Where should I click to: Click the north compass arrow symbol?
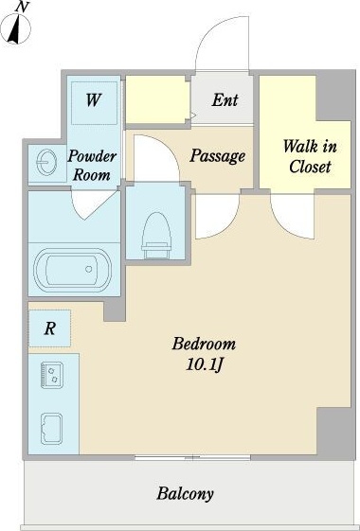tap(15, 28)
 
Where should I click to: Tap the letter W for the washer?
tap(93, 100)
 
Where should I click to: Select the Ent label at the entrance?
tap(225, 100)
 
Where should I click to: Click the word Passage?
tap(217, 156)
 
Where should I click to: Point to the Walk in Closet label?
tap(310, 156)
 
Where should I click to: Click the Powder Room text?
tap(92, 166)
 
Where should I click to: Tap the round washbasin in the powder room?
tap(45, 162)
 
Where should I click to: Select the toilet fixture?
tap(156, 236)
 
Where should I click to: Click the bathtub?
tap(72, 269)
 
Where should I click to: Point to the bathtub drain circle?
tap(88, 269)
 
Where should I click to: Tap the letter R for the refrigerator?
tap(50, 328)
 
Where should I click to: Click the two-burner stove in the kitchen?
tap(51, 375)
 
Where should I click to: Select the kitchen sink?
tap(51, 429)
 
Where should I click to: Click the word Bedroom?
tap(204, 344)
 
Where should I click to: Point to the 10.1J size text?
tap(204, 364)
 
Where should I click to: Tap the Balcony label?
tap(185, 494)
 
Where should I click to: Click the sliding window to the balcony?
tap(192, 458)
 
